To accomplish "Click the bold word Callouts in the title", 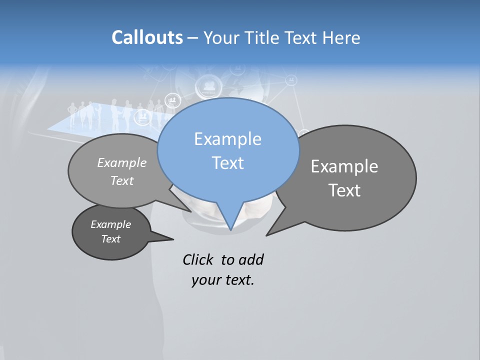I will (x=147, y=37).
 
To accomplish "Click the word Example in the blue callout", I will (x=227, y=139).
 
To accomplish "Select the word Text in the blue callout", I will (x=227, y=163).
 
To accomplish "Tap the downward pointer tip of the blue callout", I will (x=230, y=229).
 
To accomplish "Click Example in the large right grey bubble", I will (x=344, y=166).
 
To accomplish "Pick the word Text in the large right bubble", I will (x=344, y=190).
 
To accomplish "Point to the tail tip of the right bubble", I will (x=267, y=234).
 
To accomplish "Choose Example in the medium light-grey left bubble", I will (x=122, y=162).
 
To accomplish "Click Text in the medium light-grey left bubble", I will (x=122, y=180).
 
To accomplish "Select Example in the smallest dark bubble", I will (x=110, y=224).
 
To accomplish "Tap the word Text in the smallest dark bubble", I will (x=110, y=239).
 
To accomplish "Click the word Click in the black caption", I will (x=197, y=259).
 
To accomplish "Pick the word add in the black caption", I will (x=251, y=259).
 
